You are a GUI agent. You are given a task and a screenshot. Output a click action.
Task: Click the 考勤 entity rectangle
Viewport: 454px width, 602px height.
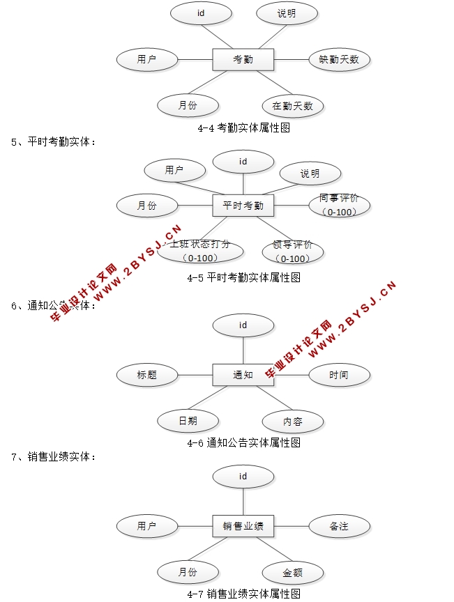(x=243, y=59)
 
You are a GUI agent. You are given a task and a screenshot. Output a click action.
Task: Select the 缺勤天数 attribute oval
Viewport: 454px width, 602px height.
(x=339, y=59)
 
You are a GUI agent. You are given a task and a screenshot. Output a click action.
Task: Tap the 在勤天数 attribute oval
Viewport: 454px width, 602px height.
(x=293, y=106)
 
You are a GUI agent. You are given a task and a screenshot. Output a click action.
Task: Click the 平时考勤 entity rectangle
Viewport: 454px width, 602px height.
(x=243, y=206)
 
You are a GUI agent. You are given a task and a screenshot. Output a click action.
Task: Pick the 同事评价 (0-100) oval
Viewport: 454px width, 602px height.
(x=339, y=205)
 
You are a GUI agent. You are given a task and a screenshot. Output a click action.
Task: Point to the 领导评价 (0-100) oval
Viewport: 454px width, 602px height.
(x=293, y=252)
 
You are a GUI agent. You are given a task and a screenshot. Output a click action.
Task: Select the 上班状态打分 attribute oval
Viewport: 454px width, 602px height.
(x=200, y=252)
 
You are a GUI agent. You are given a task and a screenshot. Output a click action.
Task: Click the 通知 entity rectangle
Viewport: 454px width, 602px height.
(x=243, y=375)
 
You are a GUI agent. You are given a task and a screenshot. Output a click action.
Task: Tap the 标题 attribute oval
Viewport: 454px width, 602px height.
(x=147, y=375)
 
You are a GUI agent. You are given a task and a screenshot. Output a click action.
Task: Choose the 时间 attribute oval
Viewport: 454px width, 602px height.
(x=339, y=375)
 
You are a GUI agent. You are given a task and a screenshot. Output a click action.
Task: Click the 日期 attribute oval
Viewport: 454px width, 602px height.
(x=188, y=421)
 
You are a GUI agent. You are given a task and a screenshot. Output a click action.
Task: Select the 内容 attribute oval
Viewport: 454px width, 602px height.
(x=293, y=422)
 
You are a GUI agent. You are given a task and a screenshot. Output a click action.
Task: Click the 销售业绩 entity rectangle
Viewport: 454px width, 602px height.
(x=243, y=526)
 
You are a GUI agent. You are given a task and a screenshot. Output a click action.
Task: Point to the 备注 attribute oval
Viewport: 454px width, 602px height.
(x=339, y=526)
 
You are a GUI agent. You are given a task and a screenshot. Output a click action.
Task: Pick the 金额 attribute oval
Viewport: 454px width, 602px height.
(x=293, y=573)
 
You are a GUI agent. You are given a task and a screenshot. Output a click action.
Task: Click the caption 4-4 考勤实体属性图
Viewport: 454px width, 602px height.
(x=243, y=128)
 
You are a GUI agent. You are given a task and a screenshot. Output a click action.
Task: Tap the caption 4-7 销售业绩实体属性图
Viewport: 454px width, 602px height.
(x=243, y=594)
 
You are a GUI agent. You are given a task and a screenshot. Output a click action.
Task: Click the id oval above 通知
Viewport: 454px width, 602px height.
(x=243, y=325)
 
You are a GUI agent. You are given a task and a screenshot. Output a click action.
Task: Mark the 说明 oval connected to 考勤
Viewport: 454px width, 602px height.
(x=287, y=13)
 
